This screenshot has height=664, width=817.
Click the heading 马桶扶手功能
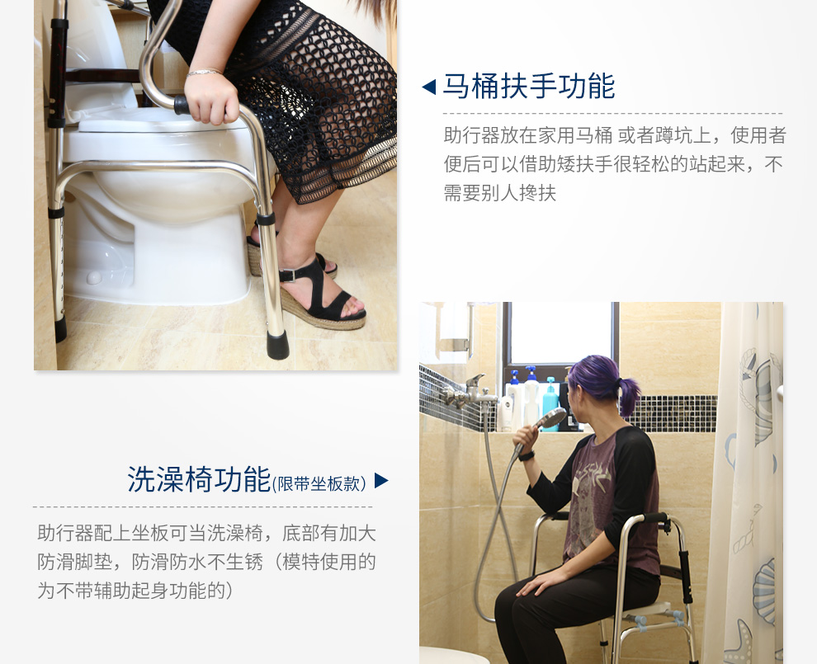tap(529, 87)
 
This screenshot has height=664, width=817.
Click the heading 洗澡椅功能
tap(199, 479)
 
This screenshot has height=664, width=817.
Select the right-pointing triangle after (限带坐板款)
tap(380, 480)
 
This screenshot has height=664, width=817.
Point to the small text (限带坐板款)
tap(319, 483)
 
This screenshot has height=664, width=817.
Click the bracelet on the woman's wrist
tap(204, 73)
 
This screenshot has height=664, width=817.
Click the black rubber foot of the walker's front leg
tap(277, 344)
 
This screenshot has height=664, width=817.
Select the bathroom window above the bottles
tap(560, 334)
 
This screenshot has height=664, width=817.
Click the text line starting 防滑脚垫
tap(206, 563)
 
